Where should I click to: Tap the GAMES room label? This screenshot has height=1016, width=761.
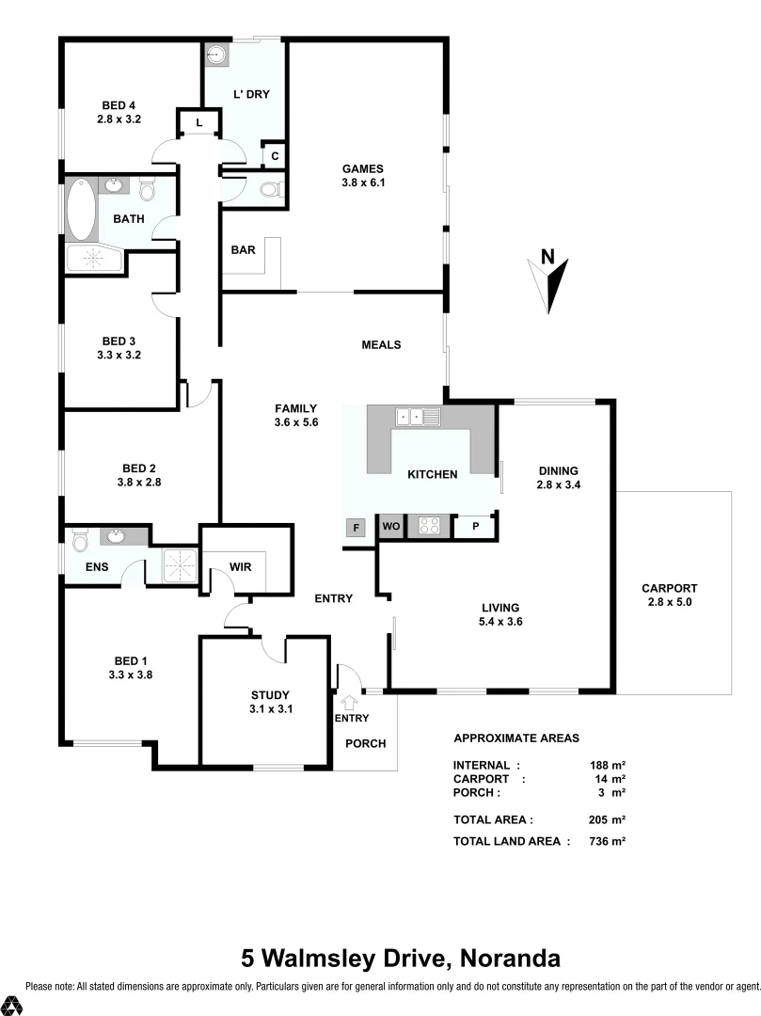362,169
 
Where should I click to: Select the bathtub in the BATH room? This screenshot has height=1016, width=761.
81,210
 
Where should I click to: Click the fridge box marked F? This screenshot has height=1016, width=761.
356,528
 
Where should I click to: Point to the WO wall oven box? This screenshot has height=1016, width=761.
390,528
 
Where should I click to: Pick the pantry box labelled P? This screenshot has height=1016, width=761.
476,528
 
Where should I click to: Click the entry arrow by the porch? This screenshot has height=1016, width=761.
351,701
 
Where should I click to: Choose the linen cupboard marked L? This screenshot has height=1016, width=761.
199,123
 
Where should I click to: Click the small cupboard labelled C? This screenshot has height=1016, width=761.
275,155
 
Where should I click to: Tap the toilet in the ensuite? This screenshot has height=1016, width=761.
80,539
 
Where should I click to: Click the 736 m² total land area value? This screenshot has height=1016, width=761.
608,841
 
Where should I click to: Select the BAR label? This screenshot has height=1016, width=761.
244,250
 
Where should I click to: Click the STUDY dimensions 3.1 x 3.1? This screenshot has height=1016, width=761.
271,709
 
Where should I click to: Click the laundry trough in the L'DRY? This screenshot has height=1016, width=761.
218,56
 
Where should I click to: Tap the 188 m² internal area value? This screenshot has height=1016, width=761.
608,765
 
